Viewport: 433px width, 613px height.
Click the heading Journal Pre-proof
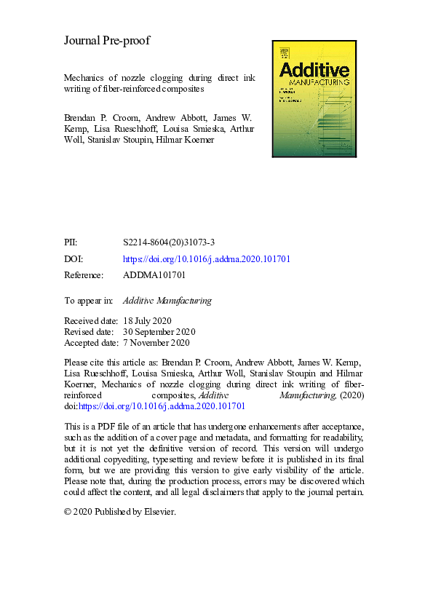(107, 41)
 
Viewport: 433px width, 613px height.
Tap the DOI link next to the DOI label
(207, 259)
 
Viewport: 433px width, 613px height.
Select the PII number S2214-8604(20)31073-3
(168, 243)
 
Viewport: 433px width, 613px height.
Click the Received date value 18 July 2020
(148, 321)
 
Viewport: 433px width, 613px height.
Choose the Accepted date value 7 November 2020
(156, 342)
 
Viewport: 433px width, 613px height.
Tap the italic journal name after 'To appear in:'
(167, 299)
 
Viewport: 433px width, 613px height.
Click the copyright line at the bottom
(120, 511)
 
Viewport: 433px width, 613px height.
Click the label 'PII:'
(71, 243)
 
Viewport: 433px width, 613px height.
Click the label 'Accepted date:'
(90, 342)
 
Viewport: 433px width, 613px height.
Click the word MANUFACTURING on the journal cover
(318, 83)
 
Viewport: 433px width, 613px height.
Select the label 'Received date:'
(90, 321)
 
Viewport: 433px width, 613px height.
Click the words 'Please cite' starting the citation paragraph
(86, 363)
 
